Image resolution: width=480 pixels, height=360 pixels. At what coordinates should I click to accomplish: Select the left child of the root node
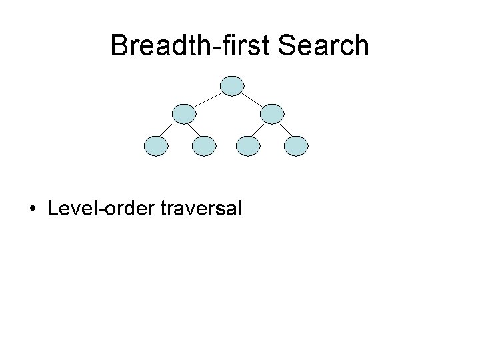[184, 114]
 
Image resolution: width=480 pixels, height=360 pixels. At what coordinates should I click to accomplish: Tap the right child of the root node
[272, 114]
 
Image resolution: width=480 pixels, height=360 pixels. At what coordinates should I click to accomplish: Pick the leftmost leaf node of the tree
[157, 145]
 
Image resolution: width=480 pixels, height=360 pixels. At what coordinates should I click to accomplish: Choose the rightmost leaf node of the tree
[297, 145]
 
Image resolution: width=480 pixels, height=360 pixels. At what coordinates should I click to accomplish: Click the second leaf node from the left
[205, 145]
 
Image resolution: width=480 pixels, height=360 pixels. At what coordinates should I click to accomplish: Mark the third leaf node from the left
[248, 145]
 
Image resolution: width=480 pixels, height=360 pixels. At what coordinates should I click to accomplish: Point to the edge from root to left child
[208, 99]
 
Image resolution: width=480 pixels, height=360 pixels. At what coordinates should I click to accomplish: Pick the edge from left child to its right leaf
[194, 130]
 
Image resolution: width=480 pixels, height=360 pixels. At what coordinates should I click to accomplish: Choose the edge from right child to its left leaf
[260, 130]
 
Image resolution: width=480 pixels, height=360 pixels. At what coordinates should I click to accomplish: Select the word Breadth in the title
[155, 45]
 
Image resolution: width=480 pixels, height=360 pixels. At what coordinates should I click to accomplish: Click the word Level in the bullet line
[69, 209]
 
